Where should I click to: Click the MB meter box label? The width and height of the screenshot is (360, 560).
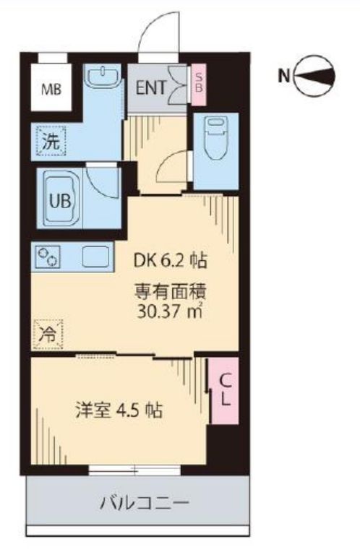pos(51,90)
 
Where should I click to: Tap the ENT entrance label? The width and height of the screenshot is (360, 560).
pos(150,87)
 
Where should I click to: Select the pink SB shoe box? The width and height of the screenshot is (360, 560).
pos(199,85)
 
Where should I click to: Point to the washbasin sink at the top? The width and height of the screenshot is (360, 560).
pos(103,77)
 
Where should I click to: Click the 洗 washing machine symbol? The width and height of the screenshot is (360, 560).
pos(51,141)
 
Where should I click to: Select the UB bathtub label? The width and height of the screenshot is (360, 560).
pos(60,201)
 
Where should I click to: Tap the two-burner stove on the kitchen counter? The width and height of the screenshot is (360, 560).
pos(48,257)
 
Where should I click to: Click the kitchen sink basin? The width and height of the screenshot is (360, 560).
pos(95,257)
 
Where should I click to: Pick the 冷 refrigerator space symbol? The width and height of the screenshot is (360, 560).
pos(48,335)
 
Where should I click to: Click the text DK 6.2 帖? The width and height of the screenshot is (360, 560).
pos(170,261)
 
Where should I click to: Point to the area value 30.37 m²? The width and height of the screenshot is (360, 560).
pos(170,311)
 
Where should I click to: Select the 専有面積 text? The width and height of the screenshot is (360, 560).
pos(170,292)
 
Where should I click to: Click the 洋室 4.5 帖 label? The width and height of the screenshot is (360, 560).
pos(119,410)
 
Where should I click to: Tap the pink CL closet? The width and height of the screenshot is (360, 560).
pos(224,390)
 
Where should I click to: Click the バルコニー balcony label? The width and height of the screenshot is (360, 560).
pos(144,504)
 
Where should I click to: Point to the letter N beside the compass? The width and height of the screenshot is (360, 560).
pos(284,76)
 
